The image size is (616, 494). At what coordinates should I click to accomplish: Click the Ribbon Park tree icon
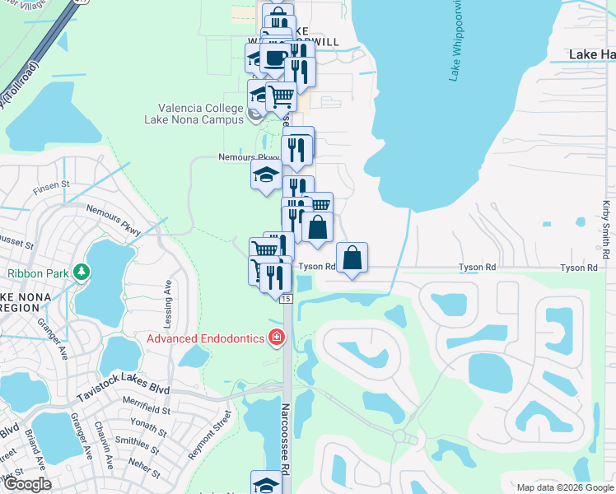click(x=81, y=271)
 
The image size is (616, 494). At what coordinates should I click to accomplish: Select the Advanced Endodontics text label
click(x=205, y=338)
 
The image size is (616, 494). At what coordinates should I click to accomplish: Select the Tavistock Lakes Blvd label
click(x=123, y=391)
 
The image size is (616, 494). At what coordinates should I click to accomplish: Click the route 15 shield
click(x=285, y=298)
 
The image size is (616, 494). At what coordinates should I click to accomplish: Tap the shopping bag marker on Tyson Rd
click(x=352, y=258)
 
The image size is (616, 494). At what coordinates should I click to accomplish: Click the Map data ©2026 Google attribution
click(x=564, y=487)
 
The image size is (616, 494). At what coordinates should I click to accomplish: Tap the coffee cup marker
click(x=276, y=58)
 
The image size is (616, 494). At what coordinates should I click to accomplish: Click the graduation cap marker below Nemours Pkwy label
click(x=266, y=175)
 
